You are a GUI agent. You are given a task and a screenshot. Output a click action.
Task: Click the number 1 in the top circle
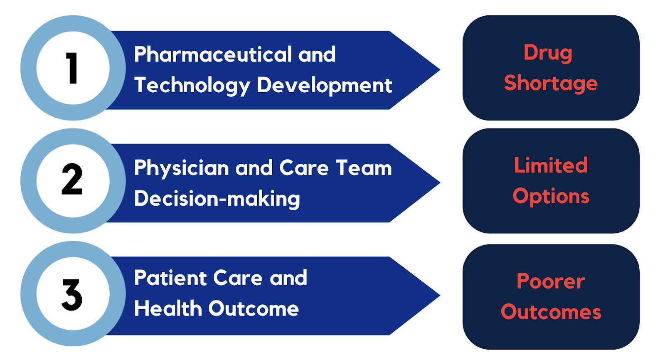point(72,68)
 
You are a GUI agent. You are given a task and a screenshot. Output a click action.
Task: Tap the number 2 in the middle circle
point(72,179)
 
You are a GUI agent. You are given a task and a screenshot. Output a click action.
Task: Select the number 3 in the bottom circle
point(72,295)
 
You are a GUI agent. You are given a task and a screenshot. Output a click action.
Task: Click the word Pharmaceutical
point(213,54)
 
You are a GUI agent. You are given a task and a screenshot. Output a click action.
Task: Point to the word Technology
point(192,86)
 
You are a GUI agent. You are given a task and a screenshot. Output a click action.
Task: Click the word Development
point(325,86)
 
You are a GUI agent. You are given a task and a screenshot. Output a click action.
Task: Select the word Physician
point(181,168)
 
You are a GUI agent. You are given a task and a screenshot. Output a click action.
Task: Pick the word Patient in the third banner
point(170,278)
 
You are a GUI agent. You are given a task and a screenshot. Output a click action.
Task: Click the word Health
point(168,308)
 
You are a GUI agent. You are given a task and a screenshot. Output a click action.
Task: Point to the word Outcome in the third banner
point(254,308)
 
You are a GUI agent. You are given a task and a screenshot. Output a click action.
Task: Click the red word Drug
point(548,53)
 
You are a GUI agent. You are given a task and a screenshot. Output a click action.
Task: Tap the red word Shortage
point(551,84)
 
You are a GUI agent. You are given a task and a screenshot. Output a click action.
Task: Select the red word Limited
point(551,165)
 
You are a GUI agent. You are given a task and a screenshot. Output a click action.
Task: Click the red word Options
point(551,197)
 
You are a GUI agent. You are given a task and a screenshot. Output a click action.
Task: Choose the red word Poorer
point(551,281)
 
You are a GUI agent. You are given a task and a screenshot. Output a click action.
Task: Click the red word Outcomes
point(551,312)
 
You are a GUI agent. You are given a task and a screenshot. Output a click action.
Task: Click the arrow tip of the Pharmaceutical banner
point(440,70)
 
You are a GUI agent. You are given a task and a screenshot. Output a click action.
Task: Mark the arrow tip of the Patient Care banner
point(440,296)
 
